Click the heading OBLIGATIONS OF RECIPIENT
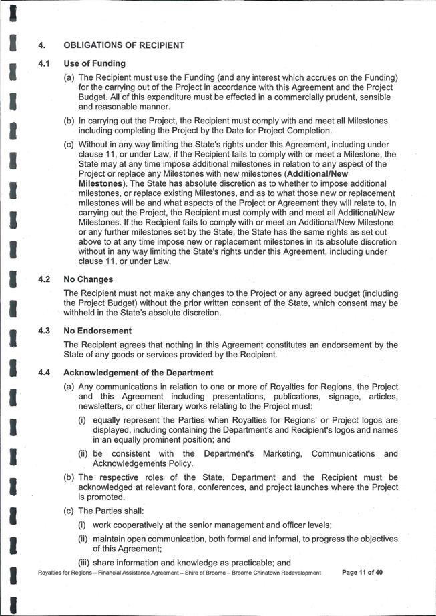pos(124,45)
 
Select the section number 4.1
pos(45,63)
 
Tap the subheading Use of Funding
pos(94,63)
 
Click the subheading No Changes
pos(88,279)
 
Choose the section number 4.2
pos(45,279)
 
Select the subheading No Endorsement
pos(97,331)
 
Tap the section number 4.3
pos(45,331)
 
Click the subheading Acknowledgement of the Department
pos(138,372)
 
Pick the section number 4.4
pos(45,372)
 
